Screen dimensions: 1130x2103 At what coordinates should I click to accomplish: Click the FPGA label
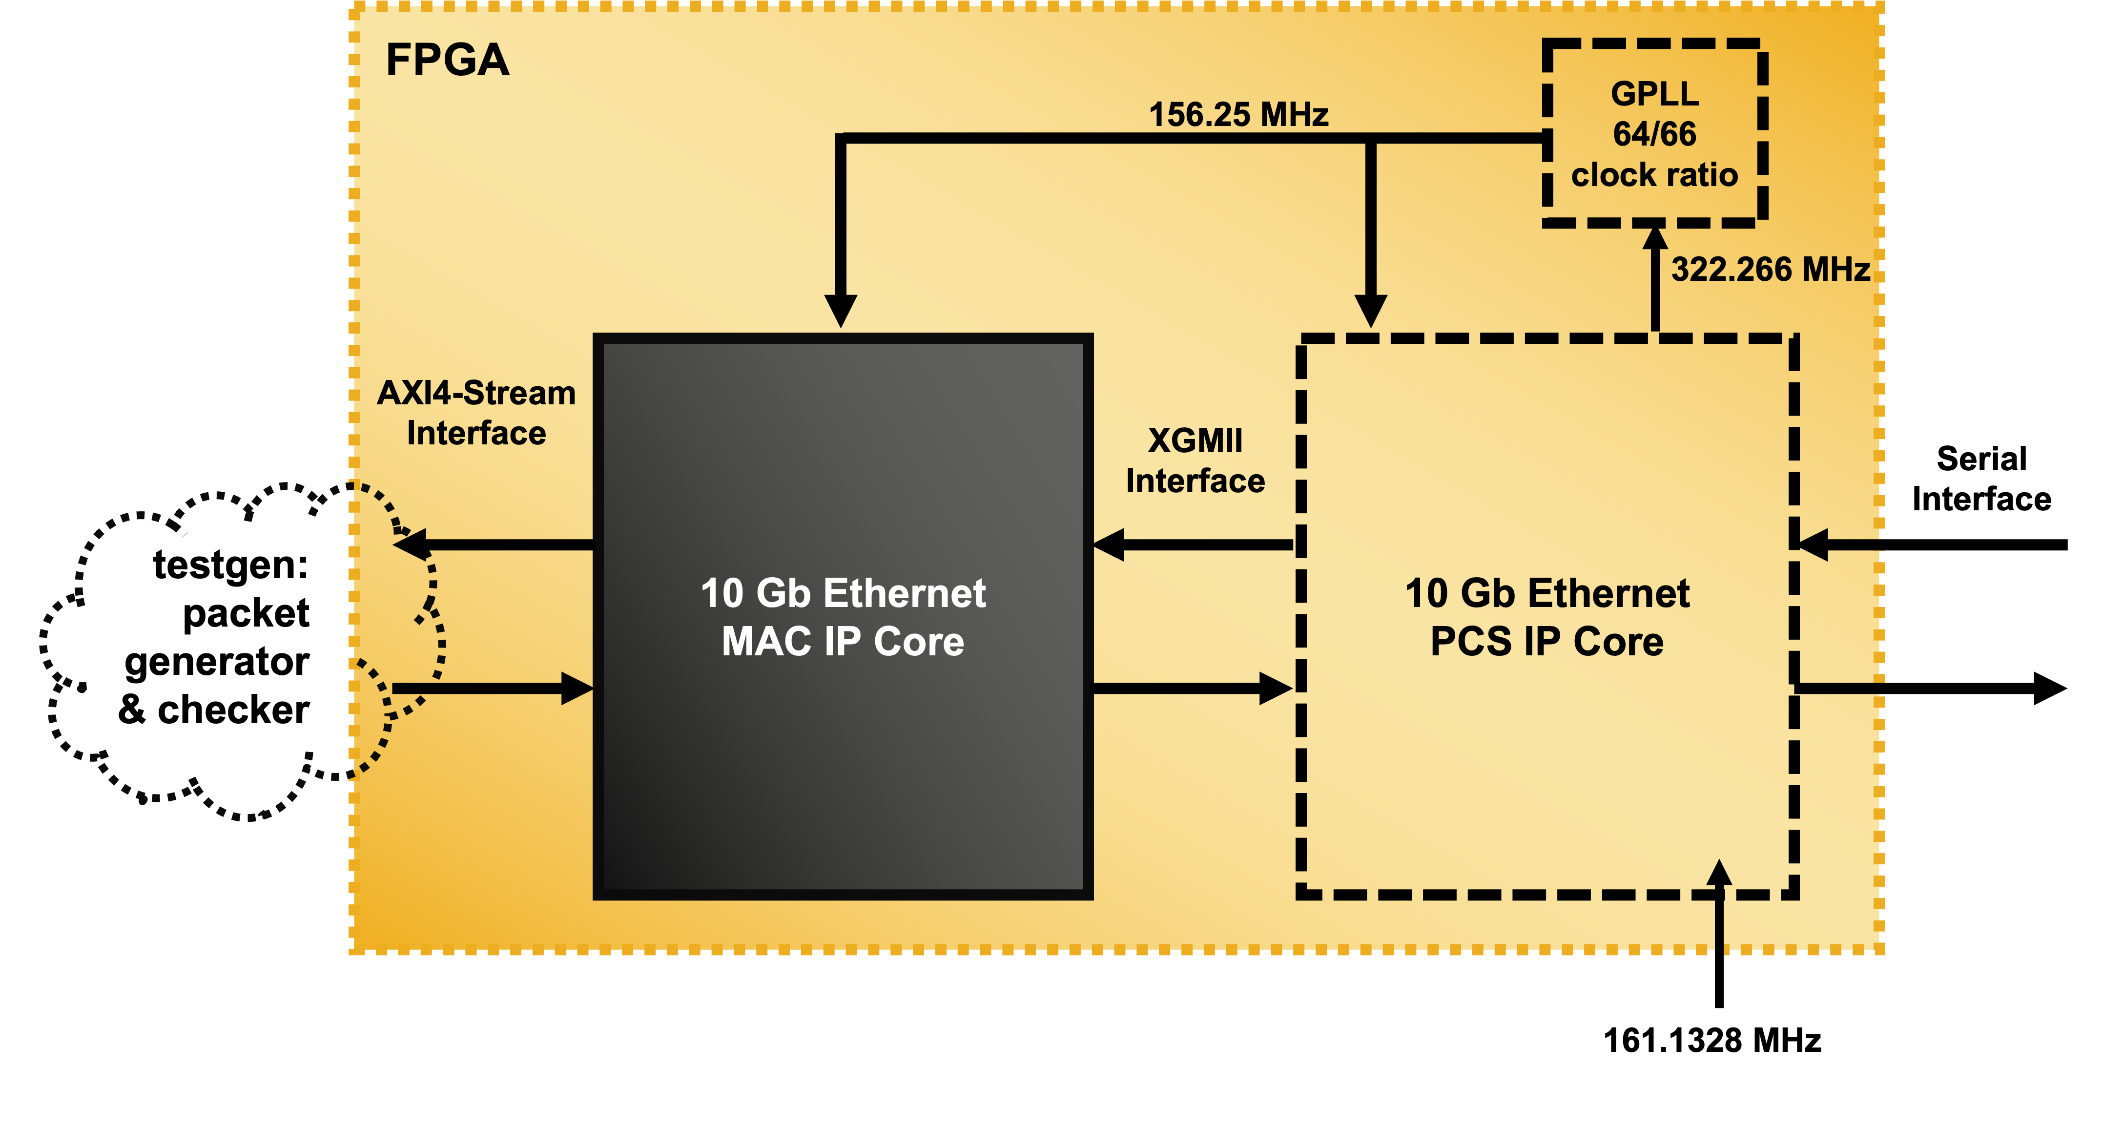(x=447, y=61)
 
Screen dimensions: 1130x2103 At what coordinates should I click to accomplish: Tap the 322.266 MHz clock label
(x=1770, y=270)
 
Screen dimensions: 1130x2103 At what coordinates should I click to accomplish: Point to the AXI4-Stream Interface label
(x=476, y=413)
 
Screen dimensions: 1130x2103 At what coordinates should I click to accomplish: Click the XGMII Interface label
(x=1195, y=460)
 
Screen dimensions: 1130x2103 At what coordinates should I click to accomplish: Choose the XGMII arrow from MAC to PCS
(x=1192, y=688)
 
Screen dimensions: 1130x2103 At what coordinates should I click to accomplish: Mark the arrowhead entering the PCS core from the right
(x=1814, y=544)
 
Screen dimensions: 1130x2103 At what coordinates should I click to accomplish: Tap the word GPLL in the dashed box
(x=1654, y=94)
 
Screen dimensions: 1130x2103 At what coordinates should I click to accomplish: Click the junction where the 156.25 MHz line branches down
(x=1371, y=139)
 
